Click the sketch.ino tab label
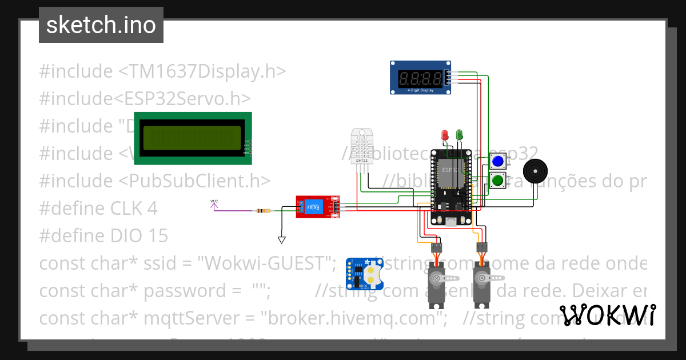tap(101, 26)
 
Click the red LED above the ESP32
tap(445, 135)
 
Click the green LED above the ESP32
tap(459, 135)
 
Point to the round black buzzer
tap(536, 171)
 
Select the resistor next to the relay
tap(264, 211)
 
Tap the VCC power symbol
tap(214, 203)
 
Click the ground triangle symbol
tap(281, 239)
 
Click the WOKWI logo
tap(607, 315)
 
